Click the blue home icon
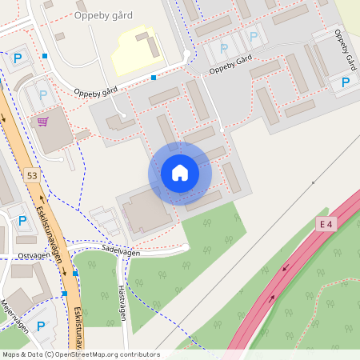(180, 173)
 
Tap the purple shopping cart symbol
(42, 122)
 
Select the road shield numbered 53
(31, 175)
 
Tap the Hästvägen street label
(122, 304)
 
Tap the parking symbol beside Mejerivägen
(41, 326)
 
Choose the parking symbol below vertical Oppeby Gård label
(346, 82)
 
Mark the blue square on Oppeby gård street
(154, 78)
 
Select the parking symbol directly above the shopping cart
(42, 95)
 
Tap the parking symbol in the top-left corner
(18, 58)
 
